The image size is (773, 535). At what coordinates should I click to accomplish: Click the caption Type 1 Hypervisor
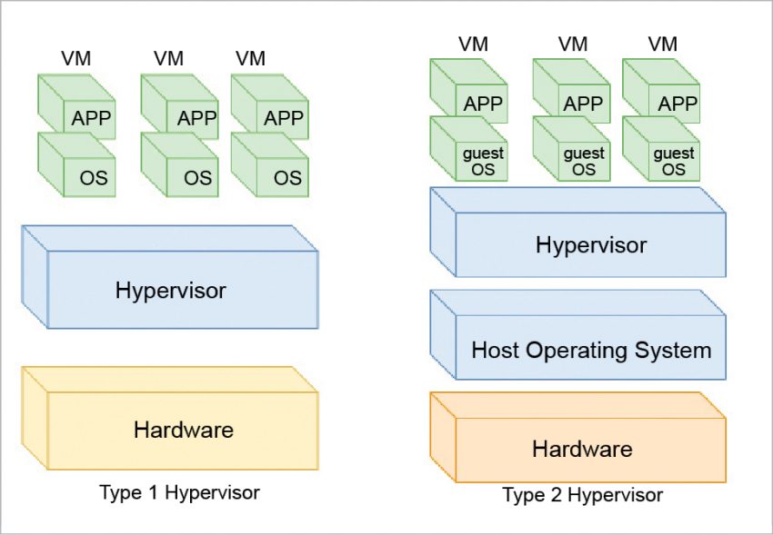(179, 493)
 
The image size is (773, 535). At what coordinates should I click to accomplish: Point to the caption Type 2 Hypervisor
(583, 496)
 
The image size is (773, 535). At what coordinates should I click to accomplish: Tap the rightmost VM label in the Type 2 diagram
(663, 44)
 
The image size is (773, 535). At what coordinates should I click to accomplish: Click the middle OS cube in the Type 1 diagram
(181, 165)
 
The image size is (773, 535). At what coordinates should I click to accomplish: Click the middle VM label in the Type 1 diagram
(168, 59)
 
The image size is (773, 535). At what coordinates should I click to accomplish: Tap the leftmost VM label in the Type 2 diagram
(472, 44)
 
